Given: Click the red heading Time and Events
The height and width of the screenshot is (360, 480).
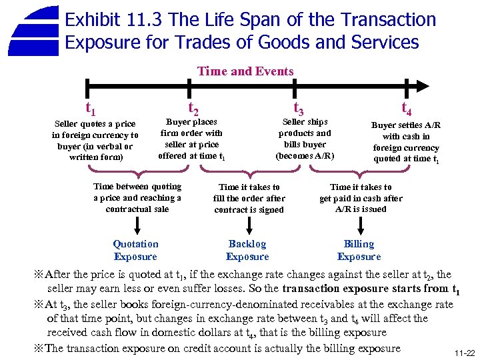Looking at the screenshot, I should tap(245, 71).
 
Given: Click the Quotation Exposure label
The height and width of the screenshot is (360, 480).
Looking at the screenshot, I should tap(135, 251).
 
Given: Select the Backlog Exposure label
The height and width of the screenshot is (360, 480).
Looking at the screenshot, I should tap(247, 251).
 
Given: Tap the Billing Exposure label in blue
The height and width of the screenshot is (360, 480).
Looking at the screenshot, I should tap(359, 251).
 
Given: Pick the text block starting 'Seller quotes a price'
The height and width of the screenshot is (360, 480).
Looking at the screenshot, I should tap(95, 141).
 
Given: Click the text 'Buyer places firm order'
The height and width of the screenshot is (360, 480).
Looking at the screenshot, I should tap(191, 139).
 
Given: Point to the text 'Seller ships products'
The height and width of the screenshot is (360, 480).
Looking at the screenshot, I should tap(304, 139).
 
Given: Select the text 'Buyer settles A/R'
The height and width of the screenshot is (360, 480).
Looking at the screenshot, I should tap(405, 142).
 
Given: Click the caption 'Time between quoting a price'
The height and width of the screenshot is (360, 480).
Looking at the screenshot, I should tap(137, 198).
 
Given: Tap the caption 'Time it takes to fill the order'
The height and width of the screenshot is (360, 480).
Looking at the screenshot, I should tap(249, 199).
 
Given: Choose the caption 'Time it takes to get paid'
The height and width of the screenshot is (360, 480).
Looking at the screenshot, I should tap(361, 198).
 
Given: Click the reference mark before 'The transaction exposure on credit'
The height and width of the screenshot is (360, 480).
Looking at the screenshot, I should tap(39, 348).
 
